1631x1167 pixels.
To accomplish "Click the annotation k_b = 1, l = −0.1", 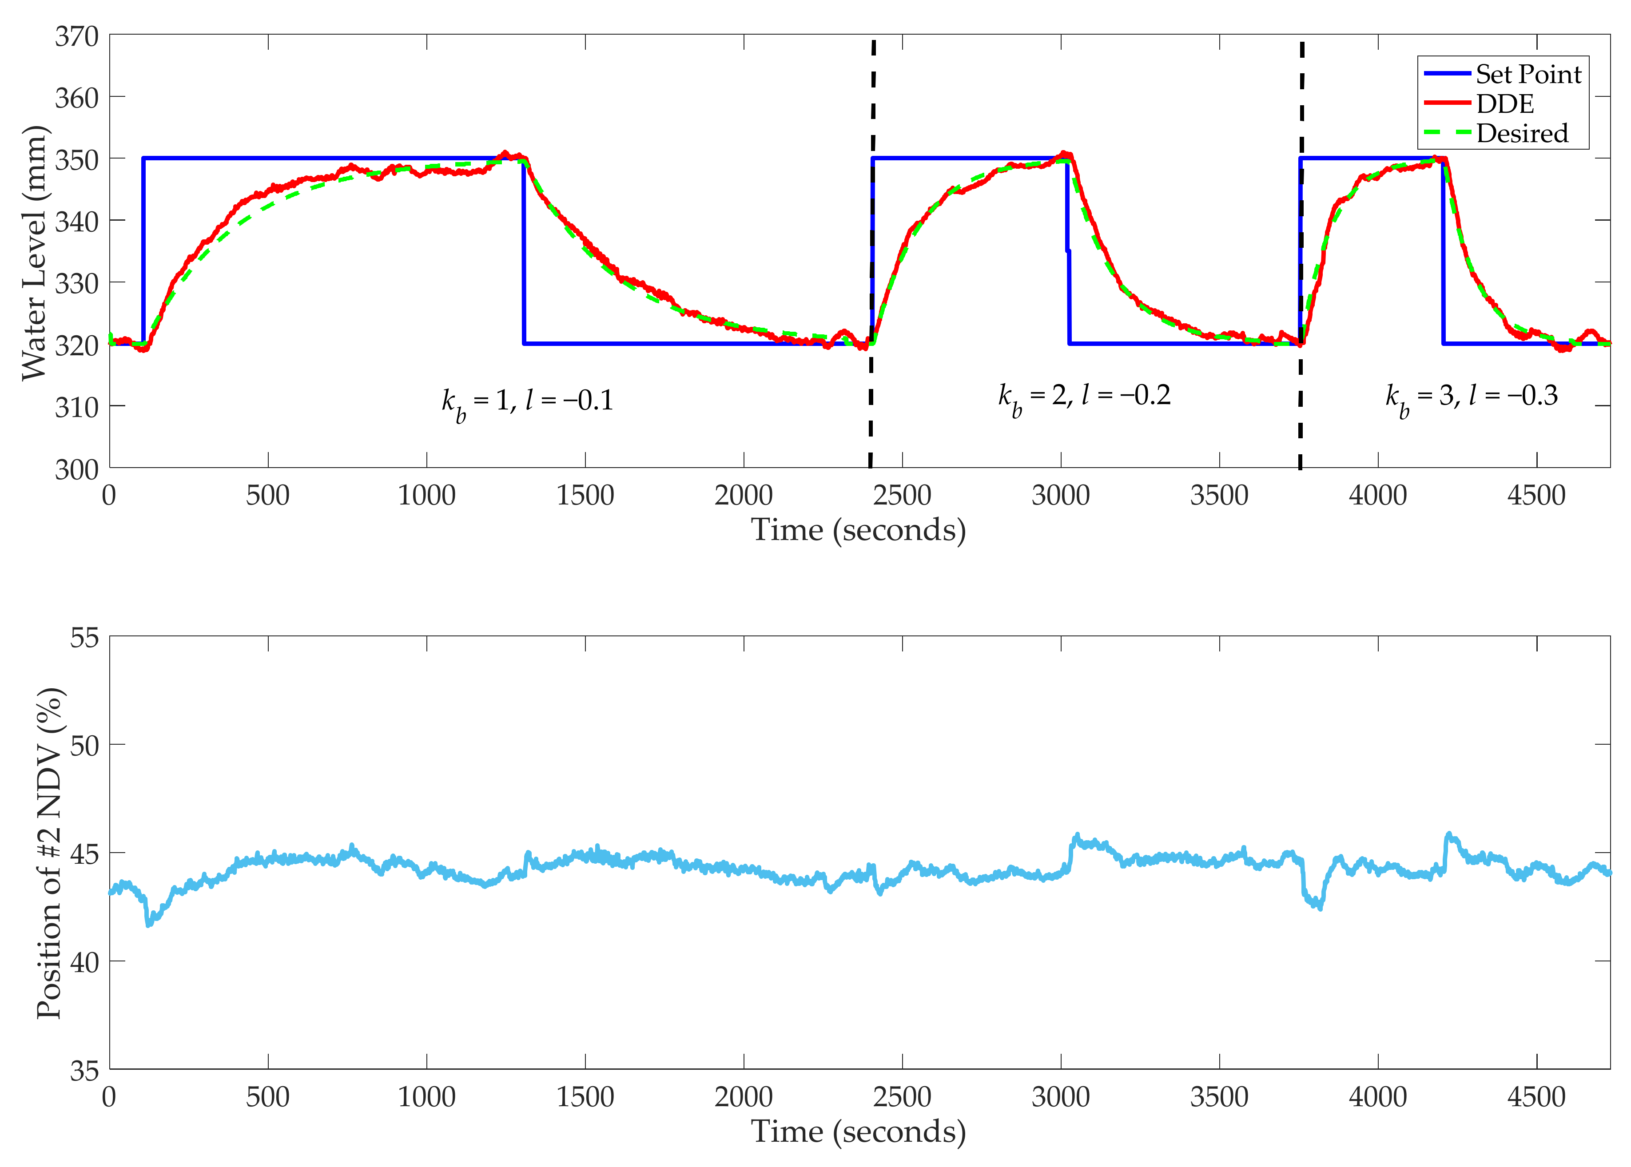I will coord(527,401).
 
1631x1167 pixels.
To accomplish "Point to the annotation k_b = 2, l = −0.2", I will coord(1083,396).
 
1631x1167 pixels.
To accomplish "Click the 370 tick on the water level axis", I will coord(76,36).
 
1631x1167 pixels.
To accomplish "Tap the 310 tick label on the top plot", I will coord(76,408).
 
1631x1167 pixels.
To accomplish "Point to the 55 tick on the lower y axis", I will coord(84,637).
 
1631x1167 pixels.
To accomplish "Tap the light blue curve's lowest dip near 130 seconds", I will coord(149,924).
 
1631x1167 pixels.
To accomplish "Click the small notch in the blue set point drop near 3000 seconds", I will coord(1068,251).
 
